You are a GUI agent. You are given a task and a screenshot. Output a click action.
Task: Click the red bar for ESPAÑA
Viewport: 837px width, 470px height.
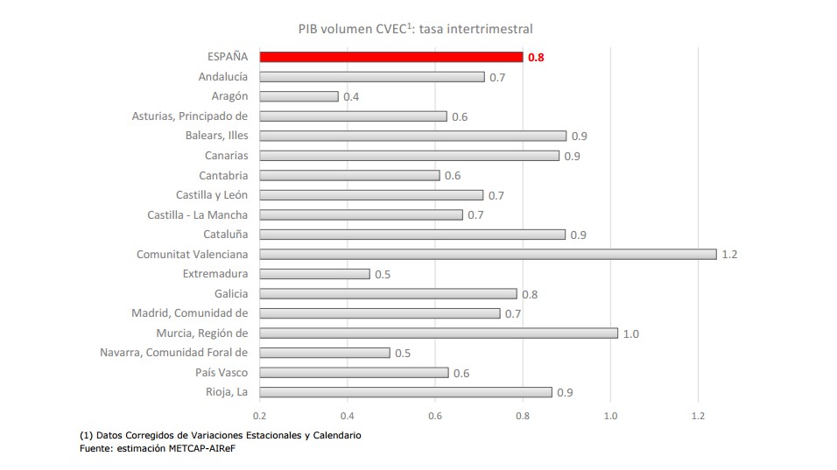(x=391, y=57)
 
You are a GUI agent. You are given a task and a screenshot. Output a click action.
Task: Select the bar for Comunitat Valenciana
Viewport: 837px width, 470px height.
(x=488, y=254)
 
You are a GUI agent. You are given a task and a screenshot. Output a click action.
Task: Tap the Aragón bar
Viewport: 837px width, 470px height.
(x=299, y=96)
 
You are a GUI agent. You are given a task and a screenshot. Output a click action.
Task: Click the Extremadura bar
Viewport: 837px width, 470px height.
(x=314, y=274)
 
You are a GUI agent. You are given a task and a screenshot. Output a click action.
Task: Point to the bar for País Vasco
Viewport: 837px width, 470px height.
(x=354, y=373)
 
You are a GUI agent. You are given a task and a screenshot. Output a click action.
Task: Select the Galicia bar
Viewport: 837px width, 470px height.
(x=388, y=294)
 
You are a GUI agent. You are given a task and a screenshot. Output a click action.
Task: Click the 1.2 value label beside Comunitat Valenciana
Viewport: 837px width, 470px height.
(x=729, y=255)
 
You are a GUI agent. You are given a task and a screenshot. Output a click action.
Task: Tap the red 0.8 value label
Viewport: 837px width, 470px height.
(x=536, y=58)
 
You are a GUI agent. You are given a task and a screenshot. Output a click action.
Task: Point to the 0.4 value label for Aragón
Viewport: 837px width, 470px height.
(x=351, y=97)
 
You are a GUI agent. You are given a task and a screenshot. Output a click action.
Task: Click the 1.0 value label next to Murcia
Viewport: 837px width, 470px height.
(x=630, y=334)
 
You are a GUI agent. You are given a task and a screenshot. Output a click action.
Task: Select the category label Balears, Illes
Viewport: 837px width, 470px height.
(x=216, y=136)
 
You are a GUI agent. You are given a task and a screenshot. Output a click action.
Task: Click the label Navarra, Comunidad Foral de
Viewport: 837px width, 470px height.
(x=174, y=353)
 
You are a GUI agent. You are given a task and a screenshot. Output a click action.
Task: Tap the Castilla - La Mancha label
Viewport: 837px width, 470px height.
(x=197, y=214)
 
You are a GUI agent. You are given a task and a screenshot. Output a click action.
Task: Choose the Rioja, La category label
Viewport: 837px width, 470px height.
(x=226, y=392)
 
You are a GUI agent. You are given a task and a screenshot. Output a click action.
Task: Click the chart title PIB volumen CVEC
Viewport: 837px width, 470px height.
(x=415, y=29)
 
